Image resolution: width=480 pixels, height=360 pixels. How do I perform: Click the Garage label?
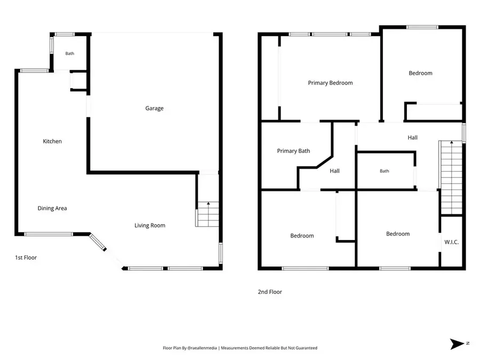pos(154,108)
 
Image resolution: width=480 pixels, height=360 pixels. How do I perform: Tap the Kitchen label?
pos(52,141)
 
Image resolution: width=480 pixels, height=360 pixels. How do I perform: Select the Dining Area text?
pos(52,208)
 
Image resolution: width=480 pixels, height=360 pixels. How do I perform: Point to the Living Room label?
pos(150,226)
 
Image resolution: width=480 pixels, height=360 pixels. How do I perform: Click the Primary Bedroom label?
pos(330,83)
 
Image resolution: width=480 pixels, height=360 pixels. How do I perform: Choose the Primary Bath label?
pos(293,151)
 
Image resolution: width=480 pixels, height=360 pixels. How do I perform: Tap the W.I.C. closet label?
pos(452,242)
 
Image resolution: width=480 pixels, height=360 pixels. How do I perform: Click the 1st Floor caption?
pos(26,258)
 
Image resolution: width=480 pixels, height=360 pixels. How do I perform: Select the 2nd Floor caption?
pos(270,292)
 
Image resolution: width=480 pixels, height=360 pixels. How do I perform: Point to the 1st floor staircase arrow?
pos(209,214)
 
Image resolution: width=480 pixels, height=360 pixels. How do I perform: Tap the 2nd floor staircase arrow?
pos(452,177)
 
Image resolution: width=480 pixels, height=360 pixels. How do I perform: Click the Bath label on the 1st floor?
pos(70,53)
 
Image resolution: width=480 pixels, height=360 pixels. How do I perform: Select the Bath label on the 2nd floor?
pos(385,171)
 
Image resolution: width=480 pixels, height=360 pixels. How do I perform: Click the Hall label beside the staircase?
pos(413,138)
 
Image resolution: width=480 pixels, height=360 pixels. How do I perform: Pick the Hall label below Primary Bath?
pos(334,171)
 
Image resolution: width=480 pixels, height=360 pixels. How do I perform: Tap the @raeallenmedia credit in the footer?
pos(202,348)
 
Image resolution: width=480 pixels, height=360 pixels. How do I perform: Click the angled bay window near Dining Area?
pos(98,242)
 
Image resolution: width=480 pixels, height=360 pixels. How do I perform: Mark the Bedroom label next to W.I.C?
pos(398,234)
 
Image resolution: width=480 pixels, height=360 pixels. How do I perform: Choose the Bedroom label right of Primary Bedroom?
pos(421,73)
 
